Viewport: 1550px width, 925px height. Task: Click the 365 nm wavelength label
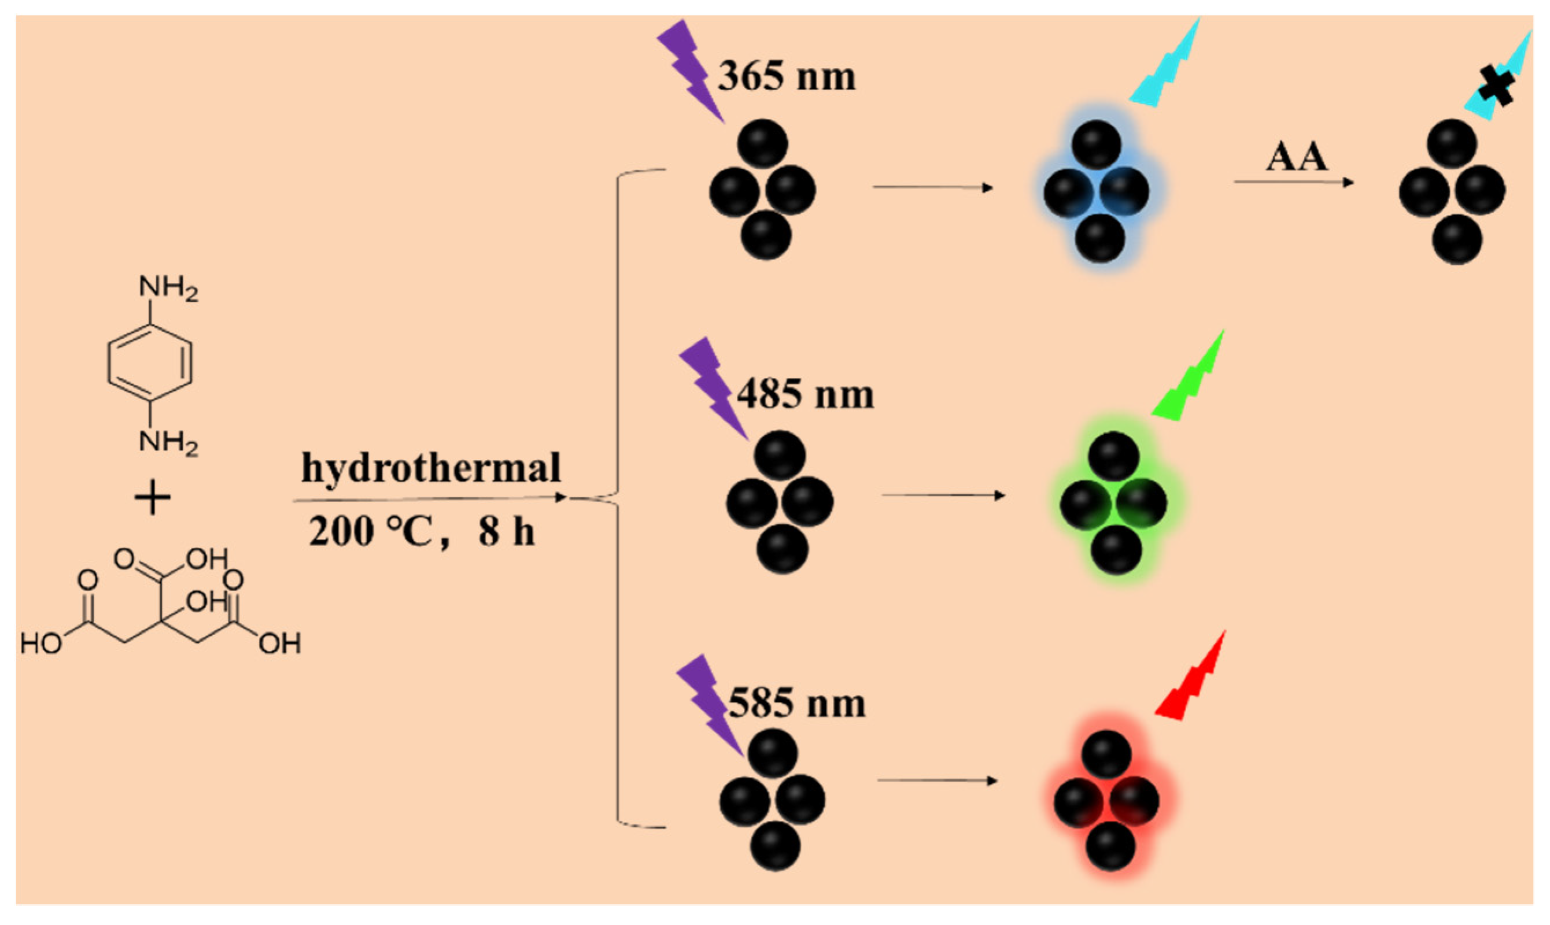click(x=787, y=78)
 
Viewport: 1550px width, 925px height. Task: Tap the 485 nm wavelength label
click(x=805, y=395)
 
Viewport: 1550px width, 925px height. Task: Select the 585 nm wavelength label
click(x=797, y=703)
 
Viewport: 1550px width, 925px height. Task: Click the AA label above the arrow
click(x=1296, y=157)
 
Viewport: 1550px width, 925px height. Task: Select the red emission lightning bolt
click(x=1191, y=680)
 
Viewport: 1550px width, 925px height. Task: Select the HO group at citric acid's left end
click(x=41, y=644)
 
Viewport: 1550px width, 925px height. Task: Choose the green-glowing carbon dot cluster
click(x=1113, y=502)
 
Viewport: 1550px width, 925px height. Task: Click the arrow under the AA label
click(x=1294, y=182)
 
